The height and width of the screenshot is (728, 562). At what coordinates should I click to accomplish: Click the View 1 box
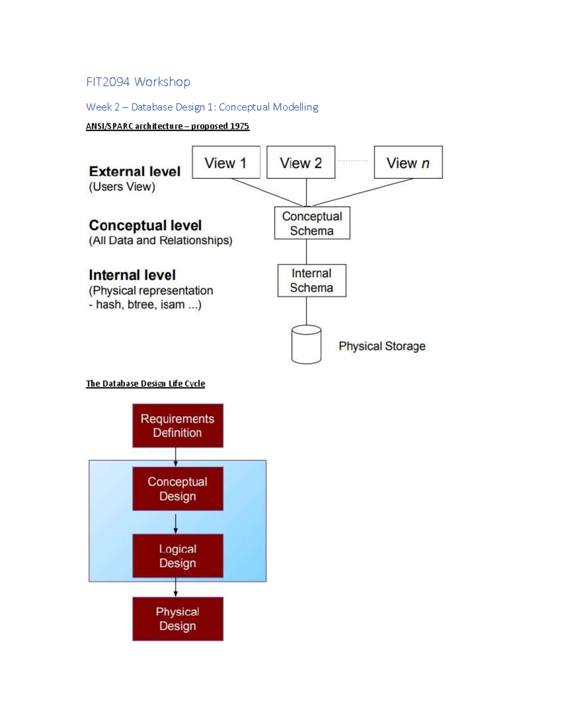[x=226, y=162]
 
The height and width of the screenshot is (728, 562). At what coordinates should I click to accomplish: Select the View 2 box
[x=301, y=162]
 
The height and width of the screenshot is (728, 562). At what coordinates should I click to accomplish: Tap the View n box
[x=408, y=162]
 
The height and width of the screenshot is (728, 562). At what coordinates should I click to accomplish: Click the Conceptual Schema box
[x=312, y=223]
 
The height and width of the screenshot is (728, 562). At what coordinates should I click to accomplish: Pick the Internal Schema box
[x=311, y=280]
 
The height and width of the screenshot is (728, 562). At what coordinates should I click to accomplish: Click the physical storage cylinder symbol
[x=306, y=345]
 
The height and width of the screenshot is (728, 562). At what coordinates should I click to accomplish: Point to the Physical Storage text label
[x=382, y=346]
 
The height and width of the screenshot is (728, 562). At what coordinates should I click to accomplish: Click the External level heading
[x=134, y=171]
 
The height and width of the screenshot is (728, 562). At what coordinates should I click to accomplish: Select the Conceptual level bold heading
[x=145, y=225]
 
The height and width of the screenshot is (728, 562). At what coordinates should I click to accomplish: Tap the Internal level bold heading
[x=132, y=275]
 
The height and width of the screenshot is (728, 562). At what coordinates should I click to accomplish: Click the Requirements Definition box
[x=177, y=426]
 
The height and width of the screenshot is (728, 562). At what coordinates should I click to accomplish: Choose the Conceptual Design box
[x=177, y=488]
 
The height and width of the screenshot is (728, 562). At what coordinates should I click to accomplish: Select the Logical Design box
[x=177, y=555]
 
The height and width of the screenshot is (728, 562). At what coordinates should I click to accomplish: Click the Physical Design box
[x=177, y=618]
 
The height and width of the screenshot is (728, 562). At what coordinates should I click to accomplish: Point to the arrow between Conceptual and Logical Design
[x=176, y=523]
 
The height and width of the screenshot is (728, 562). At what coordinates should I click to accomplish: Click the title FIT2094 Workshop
[x=138, y=82]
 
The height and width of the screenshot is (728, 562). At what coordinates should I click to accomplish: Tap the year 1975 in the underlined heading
[x=239, y=126]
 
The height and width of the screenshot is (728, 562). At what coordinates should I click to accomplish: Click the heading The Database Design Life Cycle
[x=145, y=383]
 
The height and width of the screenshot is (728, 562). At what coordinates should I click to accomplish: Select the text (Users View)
[x=122, y=187]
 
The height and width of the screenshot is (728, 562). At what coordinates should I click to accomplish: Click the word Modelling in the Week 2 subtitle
[x=295, y=107]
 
